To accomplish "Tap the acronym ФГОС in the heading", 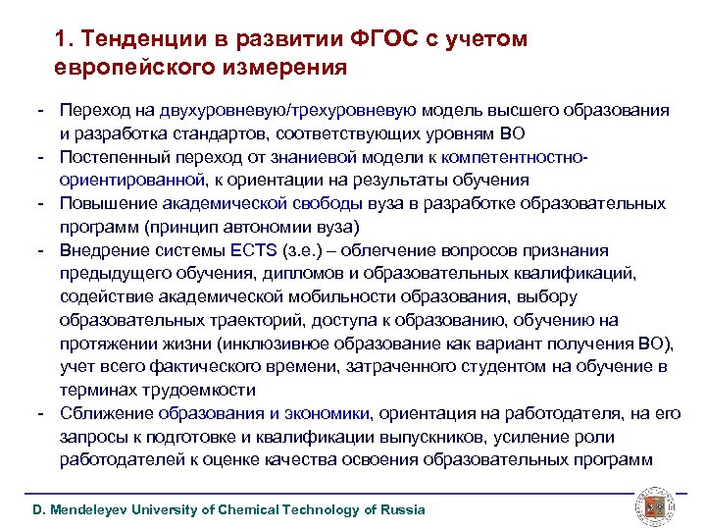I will [379, 39].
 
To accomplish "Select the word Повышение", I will [105, 203].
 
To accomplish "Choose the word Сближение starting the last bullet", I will [106, 412].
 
